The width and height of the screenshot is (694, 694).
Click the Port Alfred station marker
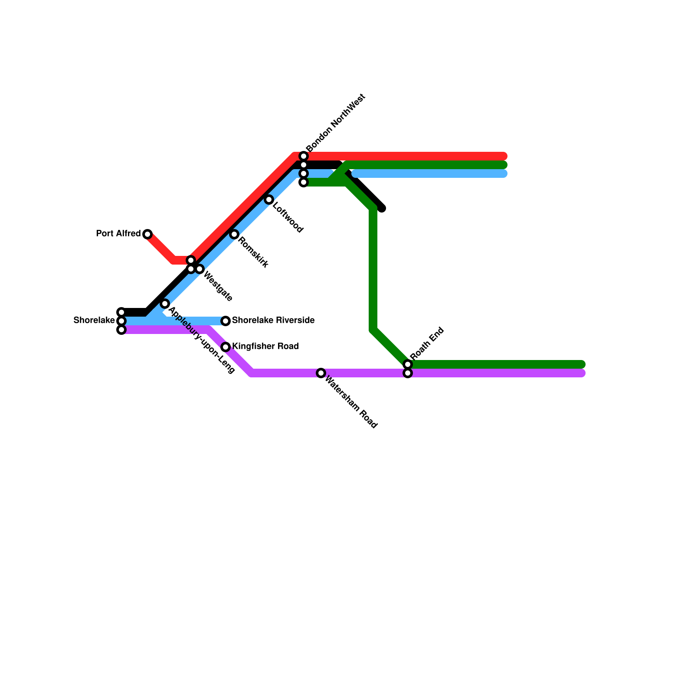pos(147,234)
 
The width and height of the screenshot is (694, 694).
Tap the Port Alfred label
pos(118,234)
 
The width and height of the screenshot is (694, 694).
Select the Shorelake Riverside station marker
pos(226,321)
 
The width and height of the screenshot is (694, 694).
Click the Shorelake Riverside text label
pos(273,321)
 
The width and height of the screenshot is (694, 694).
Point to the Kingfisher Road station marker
pos(226,347)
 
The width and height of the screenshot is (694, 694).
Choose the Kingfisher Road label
pos(265,347)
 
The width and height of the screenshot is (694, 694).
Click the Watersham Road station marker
pos(321,373)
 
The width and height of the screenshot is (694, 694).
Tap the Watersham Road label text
pos(351,402)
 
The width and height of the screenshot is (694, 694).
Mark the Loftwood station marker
pos(269,200)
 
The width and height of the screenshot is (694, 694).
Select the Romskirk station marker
pos(234,234)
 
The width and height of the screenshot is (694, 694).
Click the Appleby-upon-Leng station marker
pos(165,304)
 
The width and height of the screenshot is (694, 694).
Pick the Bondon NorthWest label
pos(336,123)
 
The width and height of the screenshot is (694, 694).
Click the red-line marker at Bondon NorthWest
pos(304,156)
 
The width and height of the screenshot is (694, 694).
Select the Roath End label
pos(427,343)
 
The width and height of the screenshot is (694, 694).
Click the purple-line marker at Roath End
pos(408,373)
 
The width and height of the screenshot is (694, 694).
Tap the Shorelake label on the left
pos(94,321)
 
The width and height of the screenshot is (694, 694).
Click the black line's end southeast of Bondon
pos(382,209)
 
